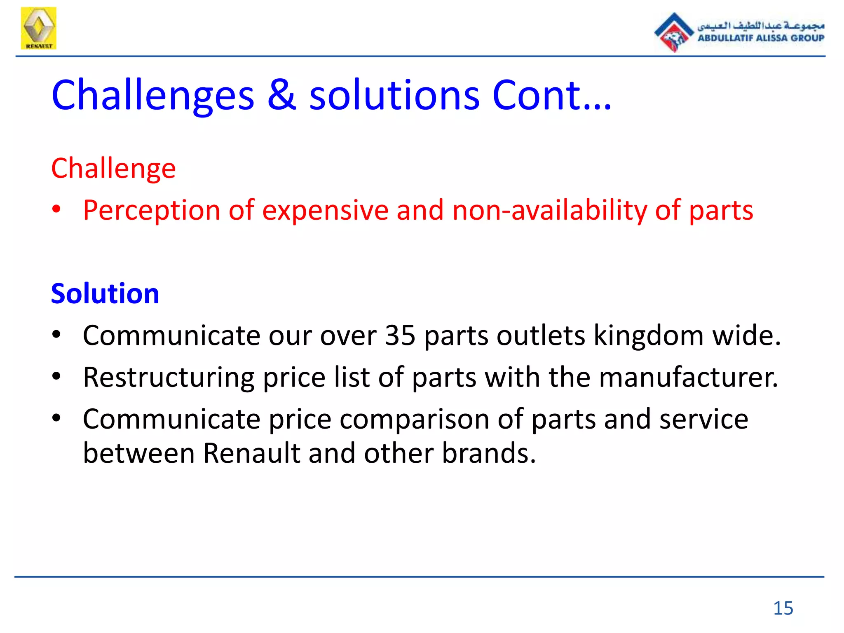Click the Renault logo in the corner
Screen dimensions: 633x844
(x=38, y=28)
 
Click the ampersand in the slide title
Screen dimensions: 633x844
(x=281, y=95)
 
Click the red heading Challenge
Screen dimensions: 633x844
(x=113, y=169)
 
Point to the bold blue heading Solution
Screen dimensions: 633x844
(x=105, y=294)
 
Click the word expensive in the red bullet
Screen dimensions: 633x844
(x=325, y=211)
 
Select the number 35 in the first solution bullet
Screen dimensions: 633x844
(x=400, y=335)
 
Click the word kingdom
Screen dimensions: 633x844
(x=648, y=335)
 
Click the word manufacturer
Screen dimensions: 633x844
(x=688, y=378)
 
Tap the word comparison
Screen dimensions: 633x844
(x=415, y=420)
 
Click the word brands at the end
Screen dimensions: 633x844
(x=488, y=453)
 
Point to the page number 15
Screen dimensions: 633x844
(x=783, y=608)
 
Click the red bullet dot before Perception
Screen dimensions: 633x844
(x=56, y=210)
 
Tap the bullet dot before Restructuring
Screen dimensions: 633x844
(x=56, y=376)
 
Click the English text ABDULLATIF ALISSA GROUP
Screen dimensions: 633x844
(x=761, y=38)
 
